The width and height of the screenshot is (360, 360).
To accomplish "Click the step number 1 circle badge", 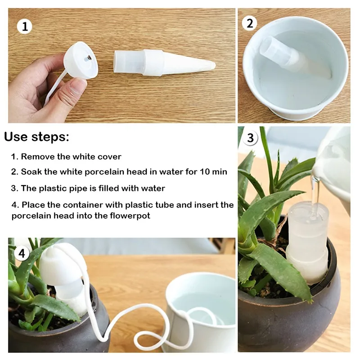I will [25, 26].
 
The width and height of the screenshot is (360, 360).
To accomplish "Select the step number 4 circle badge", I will [21, 253].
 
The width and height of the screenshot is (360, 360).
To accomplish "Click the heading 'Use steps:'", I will [37, 137].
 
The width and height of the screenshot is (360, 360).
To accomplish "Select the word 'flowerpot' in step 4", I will [130, 216].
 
